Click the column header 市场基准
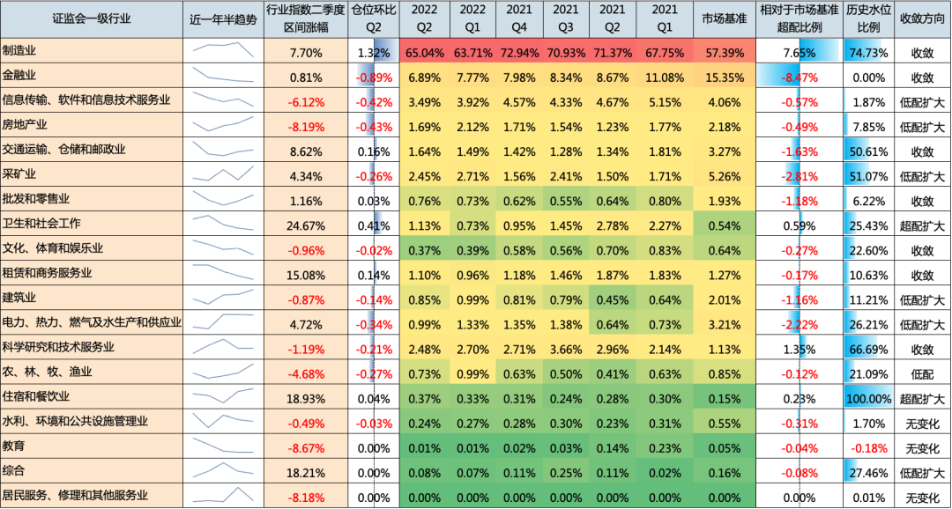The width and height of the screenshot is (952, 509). click(725, 18)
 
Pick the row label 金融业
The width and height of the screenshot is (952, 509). click(19, 77)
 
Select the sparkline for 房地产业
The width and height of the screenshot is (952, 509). click(224, 126)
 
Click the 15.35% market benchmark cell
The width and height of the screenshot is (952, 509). click(725, 77)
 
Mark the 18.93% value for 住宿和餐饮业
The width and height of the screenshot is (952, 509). click(306, 397)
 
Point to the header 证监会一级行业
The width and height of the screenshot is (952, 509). click(92, 18)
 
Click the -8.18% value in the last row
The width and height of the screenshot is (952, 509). click(306, 496)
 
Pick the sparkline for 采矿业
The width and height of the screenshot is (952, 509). click(224, 175)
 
